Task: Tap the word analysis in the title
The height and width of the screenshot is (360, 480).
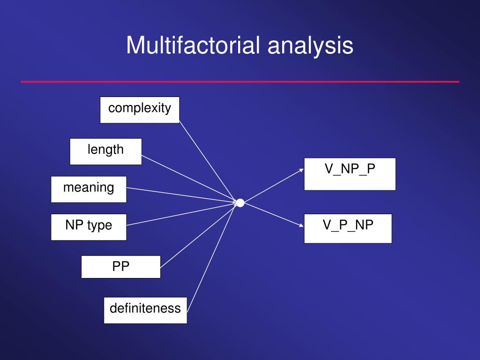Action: tap(310, 46)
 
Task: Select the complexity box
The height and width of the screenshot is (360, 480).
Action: tap(140, 110)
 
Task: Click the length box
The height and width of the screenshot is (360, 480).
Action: tap(105, 151)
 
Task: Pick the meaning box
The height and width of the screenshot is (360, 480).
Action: tap(89, 189)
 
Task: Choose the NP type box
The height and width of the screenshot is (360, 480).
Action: tap(89, 227)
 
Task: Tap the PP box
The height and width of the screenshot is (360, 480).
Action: tap(120, 267)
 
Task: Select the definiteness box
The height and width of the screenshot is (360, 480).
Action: tap(145, 310)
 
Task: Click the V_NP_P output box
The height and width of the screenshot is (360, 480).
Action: tap(350, 174)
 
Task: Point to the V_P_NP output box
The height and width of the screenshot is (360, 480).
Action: tap(348, 228)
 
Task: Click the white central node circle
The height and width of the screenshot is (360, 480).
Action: tap(240, 203)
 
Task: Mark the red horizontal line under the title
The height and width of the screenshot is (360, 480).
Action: tap(240, 82)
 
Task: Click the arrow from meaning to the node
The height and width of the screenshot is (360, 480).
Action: tap(180, 195)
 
